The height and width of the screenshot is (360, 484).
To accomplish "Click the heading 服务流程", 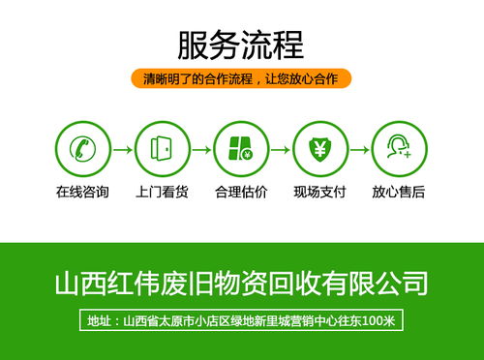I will (x=240, y=44).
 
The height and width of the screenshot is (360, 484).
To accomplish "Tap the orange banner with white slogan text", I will (x=240, y=78).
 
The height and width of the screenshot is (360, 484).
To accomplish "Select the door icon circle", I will (x=161, y=149).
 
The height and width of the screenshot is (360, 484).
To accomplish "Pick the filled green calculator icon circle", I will (x=240, y=149).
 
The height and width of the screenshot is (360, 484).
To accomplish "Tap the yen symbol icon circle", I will (x=319, y=149).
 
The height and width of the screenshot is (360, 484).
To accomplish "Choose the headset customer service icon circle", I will (x=398, y=149).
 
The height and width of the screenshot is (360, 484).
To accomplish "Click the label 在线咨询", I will (x=82, y=192).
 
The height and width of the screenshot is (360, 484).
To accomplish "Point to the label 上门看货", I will (x=161, y=192).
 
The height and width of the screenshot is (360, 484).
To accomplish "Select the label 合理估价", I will (x=240, y=192).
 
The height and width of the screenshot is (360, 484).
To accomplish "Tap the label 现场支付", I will (x=319, y=192).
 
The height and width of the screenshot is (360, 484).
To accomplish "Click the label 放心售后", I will (x=398, y=192).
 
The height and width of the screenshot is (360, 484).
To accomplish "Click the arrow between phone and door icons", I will (x=121, y=150).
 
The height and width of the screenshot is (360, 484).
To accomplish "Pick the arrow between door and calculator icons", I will (x=200, y=150).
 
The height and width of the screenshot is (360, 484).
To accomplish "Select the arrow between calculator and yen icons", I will (x=280, y=150).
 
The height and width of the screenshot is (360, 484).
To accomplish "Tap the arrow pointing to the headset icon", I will (x=359, y=150).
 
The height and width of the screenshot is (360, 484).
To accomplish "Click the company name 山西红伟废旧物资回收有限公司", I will (x=240, y=284).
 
